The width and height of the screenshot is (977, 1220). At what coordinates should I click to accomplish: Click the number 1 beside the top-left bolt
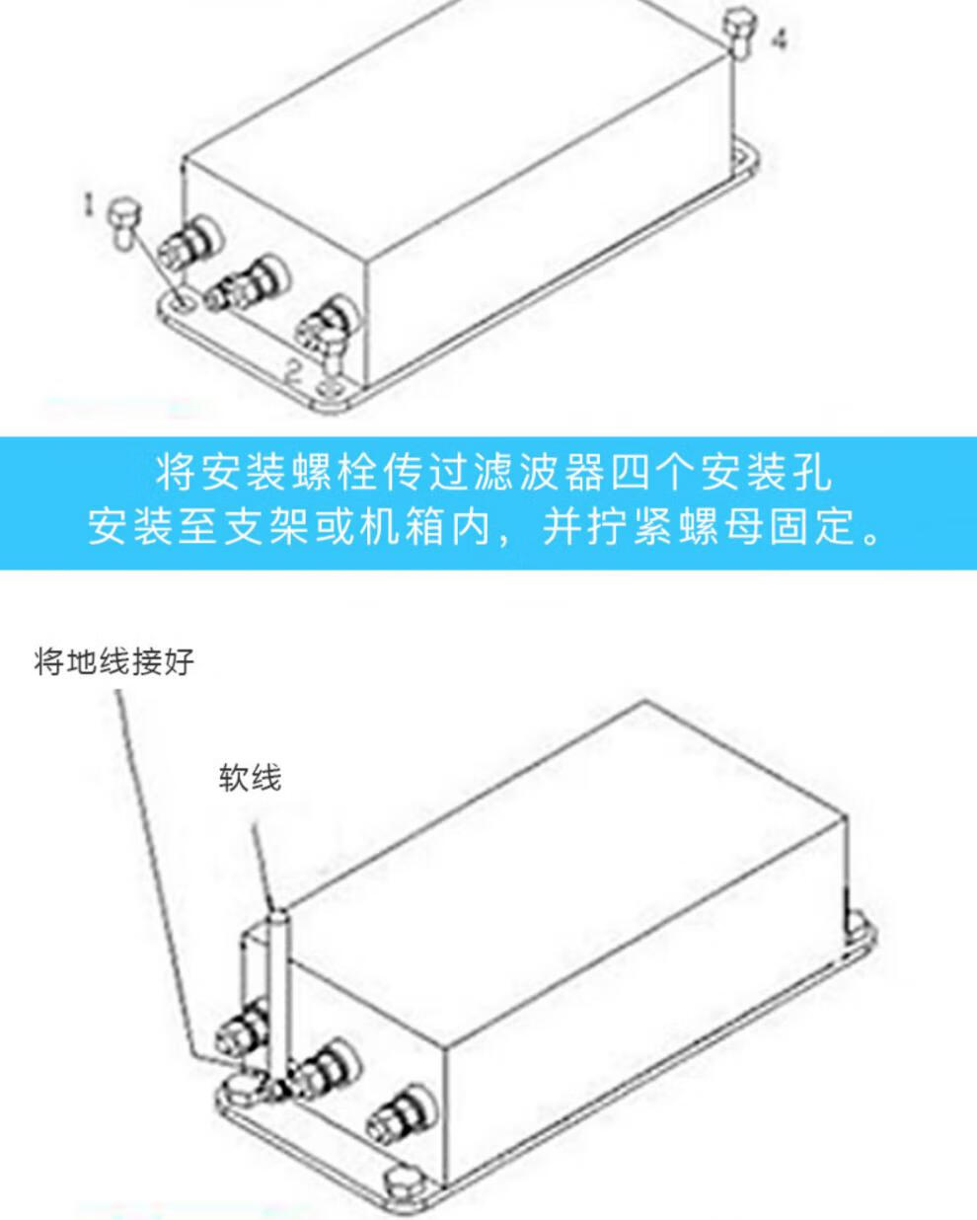(x=89, y=204)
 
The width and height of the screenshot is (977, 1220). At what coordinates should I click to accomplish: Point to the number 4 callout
(x=781, y=39)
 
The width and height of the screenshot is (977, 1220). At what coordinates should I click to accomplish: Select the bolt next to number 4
(x=739, y=32)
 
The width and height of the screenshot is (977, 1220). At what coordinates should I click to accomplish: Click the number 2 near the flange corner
(x=293, y=372)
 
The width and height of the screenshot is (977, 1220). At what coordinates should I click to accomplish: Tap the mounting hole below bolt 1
(x=186, y=303)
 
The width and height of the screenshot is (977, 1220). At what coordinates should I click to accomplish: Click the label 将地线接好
(x=113, y=661)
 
